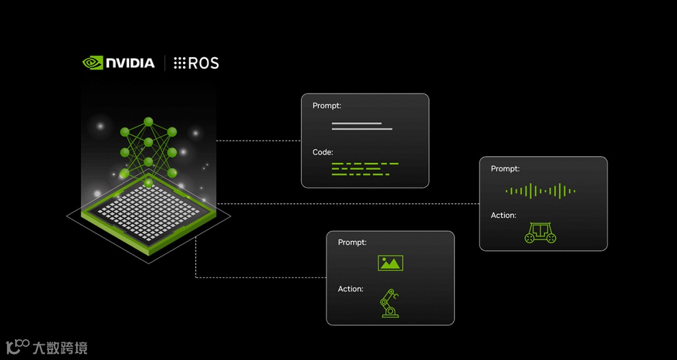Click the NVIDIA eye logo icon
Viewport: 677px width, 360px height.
point(93,63)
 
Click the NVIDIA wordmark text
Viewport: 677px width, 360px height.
point(130,63)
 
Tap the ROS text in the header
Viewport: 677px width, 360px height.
point(204,63)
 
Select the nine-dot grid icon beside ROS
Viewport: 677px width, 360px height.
point(180,63)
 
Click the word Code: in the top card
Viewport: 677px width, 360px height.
point(323,152)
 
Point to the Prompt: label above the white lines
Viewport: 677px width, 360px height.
point(327,105)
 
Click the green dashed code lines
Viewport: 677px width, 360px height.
point(365,168)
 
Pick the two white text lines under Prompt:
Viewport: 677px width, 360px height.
point(362,126)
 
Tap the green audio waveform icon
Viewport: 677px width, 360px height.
point(540,191)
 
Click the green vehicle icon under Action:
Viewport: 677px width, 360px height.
point(540,232)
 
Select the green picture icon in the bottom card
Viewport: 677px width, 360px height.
point(390,262)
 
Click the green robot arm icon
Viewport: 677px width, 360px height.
point(389,303)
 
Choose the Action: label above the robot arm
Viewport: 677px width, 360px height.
point(350,289)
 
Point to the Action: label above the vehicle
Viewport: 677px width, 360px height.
point(503,215)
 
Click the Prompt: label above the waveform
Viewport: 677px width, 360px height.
point(505,169)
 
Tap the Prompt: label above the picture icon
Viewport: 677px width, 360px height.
point(352,242)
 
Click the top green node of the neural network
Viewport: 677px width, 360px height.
point(149,121)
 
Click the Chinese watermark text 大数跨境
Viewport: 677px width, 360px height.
point(60,347)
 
